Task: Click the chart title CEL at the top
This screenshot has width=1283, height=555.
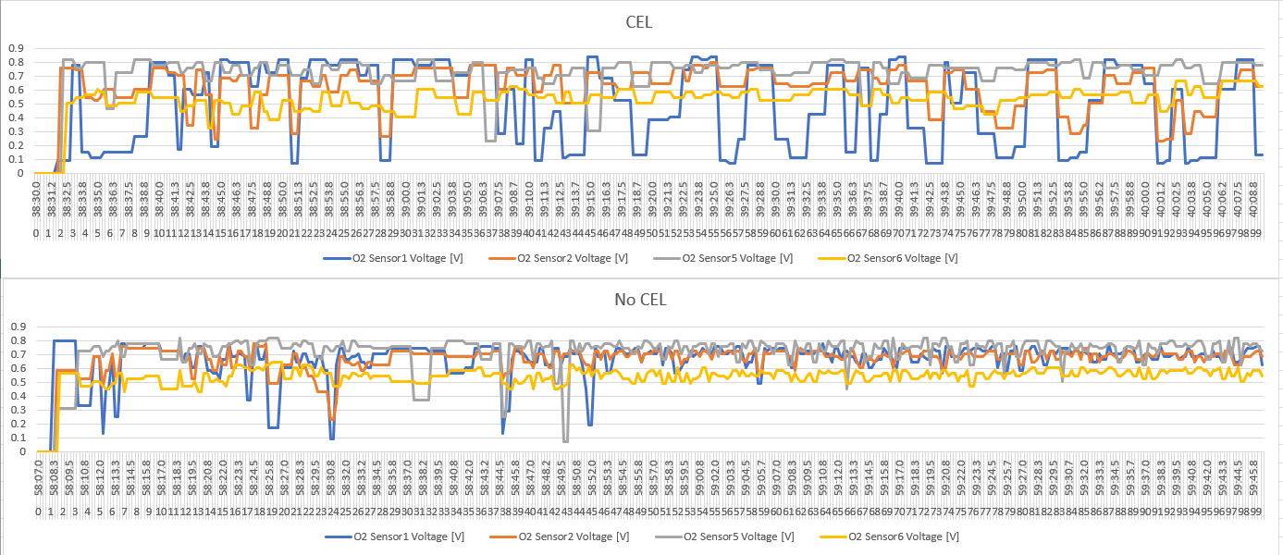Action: pyautogui.click(x=638, y=22)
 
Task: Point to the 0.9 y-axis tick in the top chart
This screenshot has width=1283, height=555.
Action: pyautogui.click(x=16, y=48)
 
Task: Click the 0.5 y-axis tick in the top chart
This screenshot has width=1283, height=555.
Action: pyautogui.click(x=16, y=104)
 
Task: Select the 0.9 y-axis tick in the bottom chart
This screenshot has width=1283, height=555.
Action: pyautogui.click(x=16, y=327)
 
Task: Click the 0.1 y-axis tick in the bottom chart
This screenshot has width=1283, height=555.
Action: pyautogui.click(x=16, y=438)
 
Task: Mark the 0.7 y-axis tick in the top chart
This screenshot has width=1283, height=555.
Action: pyautogui.click(x=16, y=76)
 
